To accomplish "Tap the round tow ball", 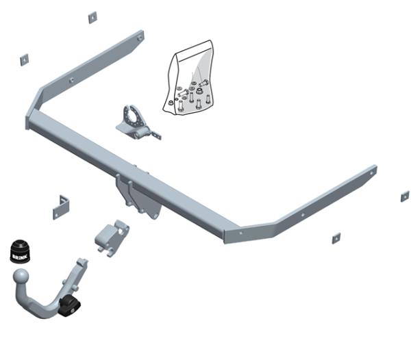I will tap(21, 278).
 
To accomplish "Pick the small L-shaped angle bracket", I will tap(61, 206).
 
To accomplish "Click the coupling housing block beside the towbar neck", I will tap(111, 237).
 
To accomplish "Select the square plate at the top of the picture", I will tap(92, 17).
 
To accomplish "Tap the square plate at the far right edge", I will tap(405, 196).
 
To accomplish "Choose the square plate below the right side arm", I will tap(336, 237).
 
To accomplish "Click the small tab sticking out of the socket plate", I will tap(156, 136).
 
